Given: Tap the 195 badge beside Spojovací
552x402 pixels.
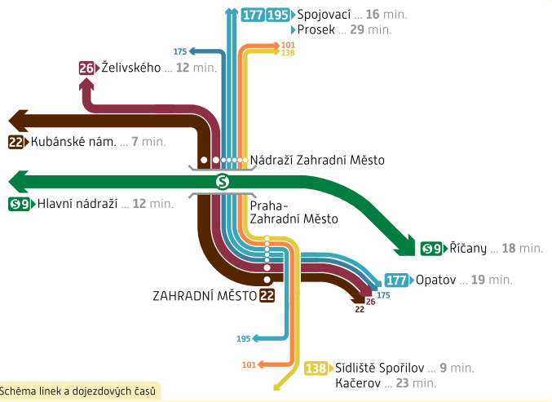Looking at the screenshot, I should [x=278, y=15].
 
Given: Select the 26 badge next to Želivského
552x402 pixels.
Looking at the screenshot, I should [x=86, y=68].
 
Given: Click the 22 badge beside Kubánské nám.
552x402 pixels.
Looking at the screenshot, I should [x=15, y=142].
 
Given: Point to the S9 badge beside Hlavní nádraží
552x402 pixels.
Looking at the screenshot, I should [x=20, y=204].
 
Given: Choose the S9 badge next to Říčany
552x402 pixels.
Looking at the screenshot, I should [x=431, y=248].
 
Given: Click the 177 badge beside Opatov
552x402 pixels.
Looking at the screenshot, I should [x=396, y=280].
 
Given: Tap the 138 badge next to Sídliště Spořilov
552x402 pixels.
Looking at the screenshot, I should [x=316, y=368].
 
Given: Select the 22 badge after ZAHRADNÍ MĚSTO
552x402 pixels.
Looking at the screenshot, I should [x=267, y=295].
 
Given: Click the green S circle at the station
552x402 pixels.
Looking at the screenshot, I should [x=222, y=181].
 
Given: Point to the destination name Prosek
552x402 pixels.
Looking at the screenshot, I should [x=316, y=29].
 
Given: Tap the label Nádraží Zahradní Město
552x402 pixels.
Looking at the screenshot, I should [x=316, y=160].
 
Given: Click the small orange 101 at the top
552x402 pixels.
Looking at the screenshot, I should [x=287, y=45].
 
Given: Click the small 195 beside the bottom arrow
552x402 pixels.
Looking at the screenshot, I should [x=243, y=338].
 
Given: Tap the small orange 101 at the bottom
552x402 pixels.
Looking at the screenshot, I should [x=249, y=364].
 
